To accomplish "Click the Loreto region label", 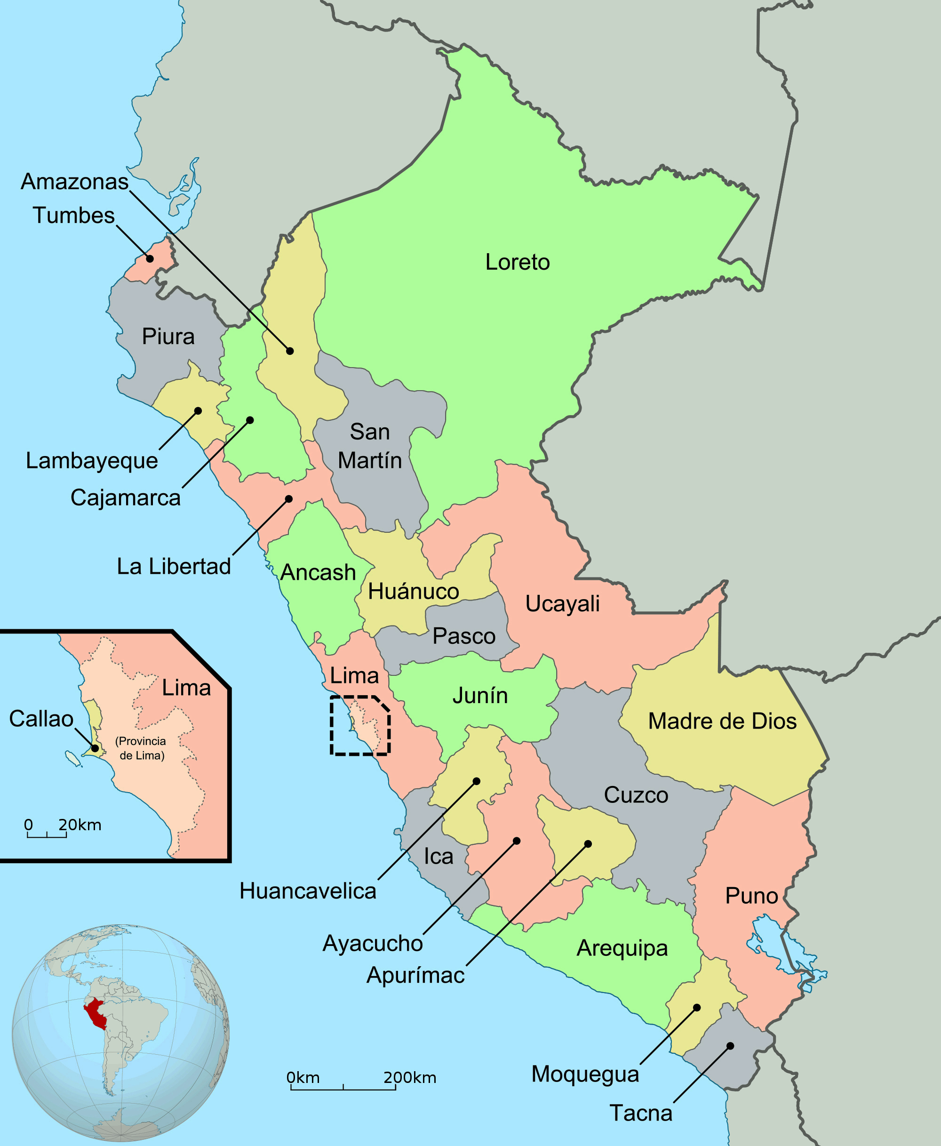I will (517, 262).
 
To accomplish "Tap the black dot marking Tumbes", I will (150, 258).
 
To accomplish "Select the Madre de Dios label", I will (722, 721).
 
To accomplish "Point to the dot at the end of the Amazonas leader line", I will (290, 351).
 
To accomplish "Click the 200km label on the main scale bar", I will (410, 1078).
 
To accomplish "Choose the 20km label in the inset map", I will (80, 825).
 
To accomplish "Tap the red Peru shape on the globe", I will (96, 1014).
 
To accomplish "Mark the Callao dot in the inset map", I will (95, 749).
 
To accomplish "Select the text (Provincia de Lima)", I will (141, 748).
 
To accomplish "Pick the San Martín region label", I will (370, 446).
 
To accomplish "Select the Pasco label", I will (464, 636).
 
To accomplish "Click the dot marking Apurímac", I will (588, 844).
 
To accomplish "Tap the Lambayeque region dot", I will (199, 411).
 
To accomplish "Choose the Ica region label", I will (438, 857).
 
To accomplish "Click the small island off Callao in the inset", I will (72, 758).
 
